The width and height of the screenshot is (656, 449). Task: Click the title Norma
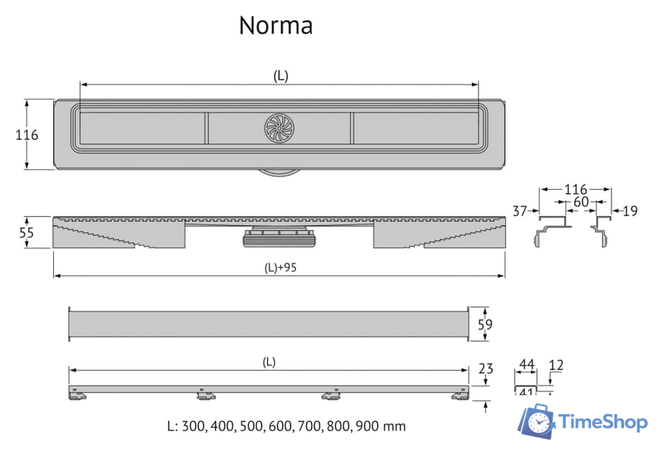[x=276, y=26]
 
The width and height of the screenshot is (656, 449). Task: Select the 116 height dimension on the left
[x=27, y=134]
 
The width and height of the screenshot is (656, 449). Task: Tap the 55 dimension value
[x=27, y=232]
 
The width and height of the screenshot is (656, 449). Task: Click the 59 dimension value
[x=484, y=323]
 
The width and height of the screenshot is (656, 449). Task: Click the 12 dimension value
[x=556, y=365]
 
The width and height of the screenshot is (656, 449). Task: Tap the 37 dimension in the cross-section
[x=520, y=210]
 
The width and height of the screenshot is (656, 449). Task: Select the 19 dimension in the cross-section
[x=630, y=210]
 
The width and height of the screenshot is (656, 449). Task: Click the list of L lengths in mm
[x=287, y=426]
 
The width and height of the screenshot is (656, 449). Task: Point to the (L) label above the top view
[x=280, y=76]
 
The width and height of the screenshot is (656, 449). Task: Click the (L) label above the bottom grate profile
[x=268, y=362]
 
